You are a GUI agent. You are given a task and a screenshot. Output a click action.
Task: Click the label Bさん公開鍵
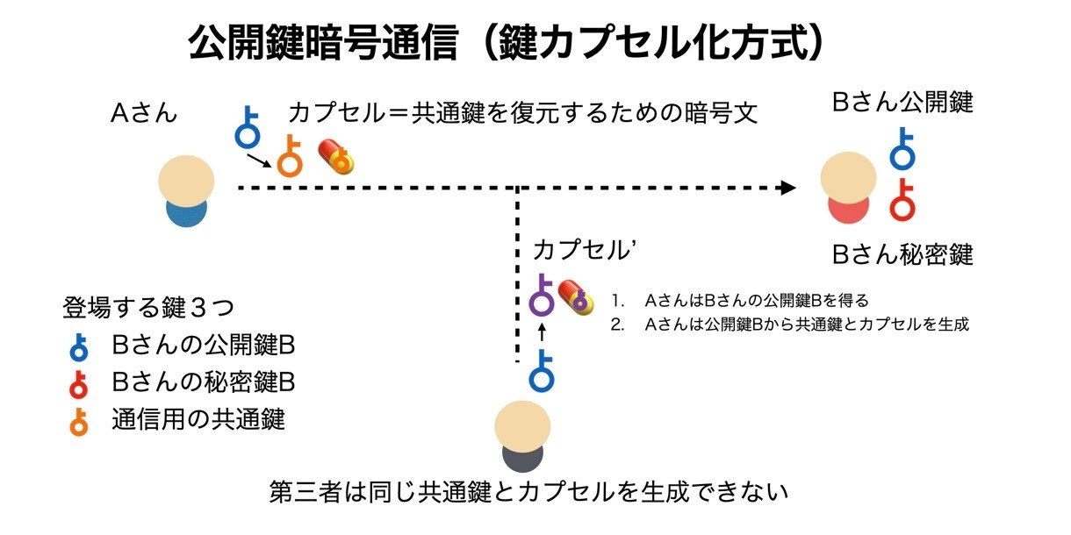click(902, 103)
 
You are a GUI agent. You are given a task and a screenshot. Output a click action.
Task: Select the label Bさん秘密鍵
click(902, 255)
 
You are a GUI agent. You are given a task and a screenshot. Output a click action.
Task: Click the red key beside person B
click(902, 200)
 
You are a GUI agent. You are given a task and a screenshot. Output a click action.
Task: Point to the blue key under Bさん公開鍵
click(902, 149)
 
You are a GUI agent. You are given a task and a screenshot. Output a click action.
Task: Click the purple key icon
click(543, 296)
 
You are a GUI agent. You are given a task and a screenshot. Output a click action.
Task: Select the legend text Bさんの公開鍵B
click(203, 345)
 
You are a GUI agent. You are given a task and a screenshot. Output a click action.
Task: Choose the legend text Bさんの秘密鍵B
click(203, 382)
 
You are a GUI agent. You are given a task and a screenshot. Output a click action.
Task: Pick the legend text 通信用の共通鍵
click(198, 419)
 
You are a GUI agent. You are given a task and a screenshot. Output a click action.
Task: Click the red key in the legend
click(79, 383)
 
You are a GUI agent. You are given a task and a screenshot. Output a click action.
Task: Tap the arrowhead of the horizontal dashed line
click(788, 188)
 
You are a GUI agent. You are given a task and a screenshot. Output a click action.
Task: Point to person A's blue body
click(185, 212)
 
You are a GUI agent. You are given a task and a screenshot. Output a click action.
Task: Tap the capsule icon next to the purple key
click(577, 296)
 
